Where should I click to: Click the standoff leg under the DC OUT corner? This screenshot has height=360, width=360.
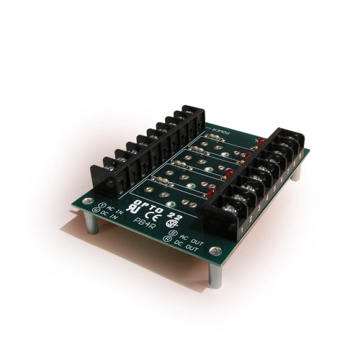click(x=215, y=277)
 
